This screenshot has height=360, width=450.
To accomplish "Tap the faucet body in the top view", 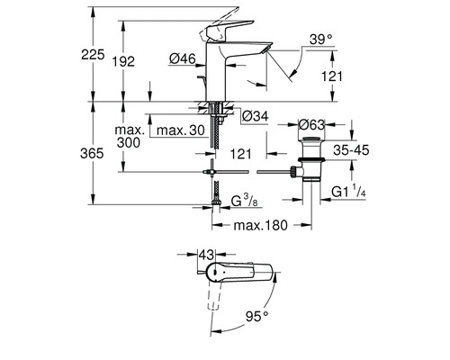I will (x=243, y=275).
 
